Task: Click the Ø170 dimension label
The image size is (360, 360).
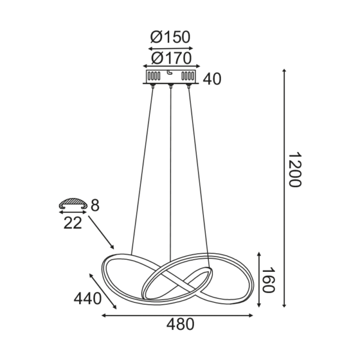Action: click(x=170, y=58)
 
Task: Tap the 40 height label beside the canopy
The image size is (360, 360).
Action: click(x=212, y=79)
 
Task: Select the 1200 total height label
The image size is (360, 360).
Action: click(x=293, y=170)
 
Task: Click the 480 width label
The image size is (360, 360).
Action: click(x=179, y=325)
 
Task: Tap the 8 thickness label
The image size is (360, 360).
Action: click(x=95, y=206)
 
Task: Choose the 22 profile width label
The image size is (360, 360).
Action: click(x=73, y=223)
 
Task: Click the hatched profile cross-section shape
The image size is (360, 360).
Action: click(x=73, y=205)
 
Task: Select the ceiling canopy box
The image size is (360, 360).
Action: click(x=171, y=77)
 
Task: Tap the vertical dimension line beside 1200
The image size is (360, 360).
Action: click(x=284, y=189)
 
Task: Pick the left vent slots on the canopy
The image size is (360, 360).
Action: click(x=154, y=77)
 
